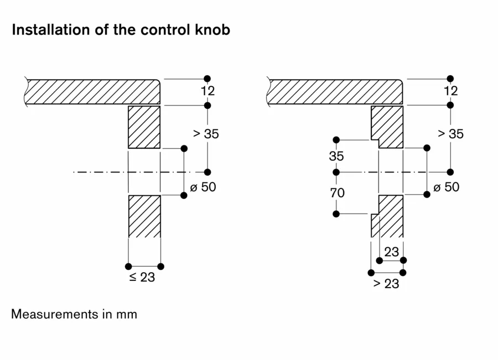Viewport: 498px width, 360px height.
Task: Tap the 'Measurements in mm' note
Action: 74,314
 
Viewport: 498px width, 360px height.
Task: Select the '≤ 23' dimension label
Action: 142,277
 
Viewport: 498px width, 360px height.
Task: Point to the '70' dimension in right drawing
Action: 337,192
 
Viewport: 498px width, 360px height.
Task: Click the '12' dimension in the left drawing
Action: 207,91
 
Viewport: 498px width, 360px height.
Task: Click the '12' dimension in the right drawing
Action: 450,91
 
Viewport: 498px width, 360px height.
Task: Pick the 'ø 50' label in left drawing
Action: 203,187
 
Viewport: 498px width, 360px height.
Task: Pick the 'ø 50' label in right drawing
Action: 446,187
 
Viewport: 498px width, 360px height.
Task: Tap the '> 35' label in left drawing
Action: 206,134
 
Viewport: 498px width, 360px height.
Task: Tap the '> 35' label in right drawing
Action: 450,134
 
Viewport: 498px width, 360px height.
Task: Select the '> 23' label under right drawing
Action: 386,284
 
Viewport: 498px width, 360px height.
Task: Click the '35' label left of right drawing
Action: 336,156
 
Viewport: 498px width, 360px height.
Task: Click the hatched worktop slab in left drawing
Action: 92,92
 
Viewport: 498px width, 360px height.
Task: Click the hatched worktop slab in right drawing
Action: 335,92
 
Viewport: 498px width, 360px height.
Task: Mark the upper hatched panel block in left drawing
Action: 144,127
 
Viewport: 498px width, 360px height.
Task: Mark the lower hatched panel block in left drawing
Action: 144,216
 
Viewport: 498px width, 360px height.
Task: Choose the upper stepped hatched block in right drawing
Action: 387,127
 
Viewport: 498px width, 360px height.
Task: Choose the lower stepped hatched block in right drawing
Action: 388,216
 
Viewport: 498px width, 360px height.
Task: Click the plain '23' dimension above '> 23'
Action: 392,252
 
